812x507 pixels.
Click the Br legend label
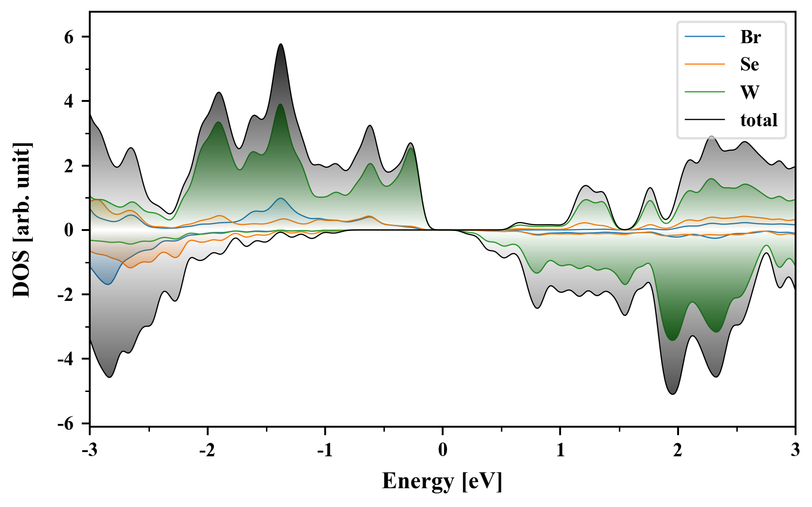750,37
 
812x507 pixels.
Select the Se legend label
750,64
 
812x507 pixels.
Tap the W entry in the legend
750,92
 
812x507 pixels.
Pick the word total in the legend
758,120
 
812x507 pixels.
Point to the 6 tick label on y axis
69,37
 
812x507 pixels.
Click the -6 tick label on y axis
66,423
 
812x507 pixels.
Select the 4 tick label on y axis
69,101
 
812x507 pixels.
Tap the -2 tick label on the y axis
66,295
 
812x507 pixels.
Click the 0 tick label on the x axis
443,450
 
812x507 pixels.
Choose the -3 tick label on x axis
89,450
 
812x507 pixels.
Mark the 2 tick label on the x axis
678,450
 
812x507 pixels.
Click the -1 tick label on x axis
325,450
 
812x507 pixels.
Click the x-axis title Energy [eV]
442,481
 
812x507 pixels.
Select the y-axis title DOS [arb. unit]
22,220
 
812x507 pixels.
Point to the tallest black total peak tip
281,44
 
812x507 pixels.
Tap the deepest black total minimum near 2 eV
673,394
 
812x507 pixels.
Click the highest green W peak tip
281,104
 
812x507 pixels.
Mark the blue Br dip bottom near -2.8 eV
109,284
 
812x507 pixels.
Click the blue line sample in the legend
705,37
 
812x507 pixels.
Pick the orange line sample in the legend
705,64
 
